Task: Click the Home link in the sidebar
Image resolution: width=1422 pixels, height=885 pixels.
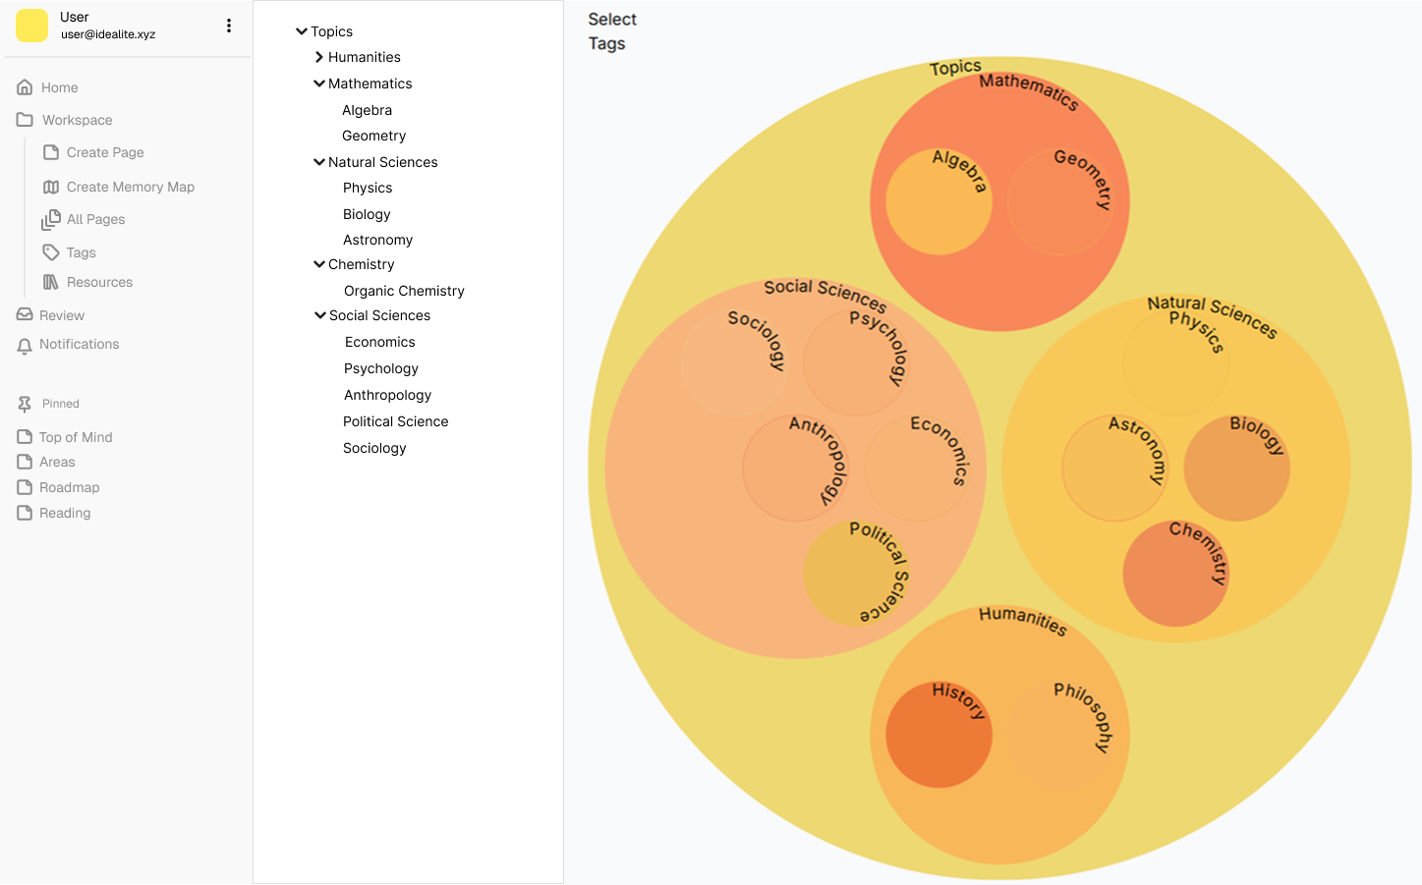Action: point(59,87)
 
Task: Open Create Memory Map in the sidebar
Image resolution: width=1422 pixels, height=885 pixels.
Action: point(130,187)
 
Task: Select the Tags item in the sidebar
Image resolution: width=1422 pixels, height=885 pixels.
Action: point(81,252)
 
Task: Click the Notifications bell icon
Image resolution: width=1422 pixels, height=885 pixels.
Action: point(25,346)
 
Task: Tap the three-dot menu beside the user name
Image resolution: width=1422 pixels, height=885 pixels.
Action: point(229,26)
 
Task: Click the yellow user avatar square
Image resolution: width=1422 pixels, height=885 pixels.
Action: point(31,26)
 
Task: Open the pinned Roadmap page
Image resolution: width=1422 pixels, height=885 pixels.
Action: point(69,487)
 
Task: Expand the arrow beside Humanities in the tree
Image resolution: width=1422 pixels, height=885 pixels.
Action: point(319,57)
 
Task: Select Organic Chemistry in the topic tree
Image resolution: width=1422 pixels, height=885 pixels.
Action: point(404,291)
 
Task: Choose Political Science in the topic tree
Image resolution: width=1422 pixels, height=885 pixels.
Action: point(395,421)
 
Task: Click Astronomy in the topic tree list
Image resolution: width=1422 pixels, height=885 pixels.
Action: point(377,240)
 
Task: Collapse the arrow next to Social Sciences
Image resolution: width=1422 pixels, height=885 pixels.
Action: point(320,315)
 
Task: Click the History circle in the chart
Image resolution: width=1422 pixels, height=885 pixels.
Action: point(939,735)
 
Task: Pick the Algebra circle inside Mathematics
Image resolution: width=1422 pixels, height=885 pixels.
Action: point(939,202)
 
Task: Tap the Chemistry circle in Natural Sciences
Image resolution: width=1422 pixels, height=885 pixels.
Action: point(1175,575)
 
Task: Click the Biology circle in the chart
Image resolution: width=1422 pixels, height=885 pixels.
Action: point(1236,469)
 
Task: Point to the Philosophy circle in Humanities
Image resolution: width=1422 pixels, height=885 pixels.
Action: point(1061,735)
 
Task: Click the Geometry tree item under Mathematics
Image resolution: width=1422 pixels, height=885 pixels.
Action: point(373,136)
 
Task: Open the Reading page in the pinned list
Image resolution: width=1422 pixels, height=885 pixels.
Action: point(65,513)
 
